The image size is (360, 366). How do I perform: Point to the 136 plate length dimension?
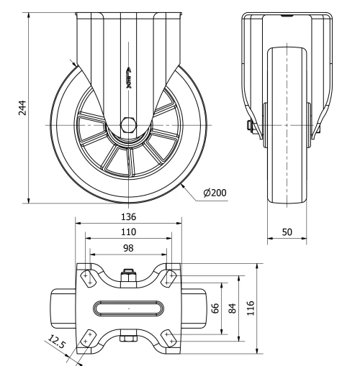pos(129,215)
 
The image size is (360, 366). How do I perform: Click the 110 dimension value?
pos(129,232)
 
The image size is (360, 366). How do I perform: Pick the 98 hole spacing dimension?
pos(129,247)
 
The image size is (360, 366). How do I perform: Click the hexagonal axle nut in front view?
pos(129,124)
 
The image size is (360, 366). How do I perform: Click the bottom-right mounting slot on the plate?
pos(171,338)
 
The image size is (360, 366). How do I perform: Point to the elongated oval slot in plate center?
pos(129,307)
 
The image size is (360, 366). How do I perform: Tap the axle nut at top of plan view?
pos(129,274)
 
